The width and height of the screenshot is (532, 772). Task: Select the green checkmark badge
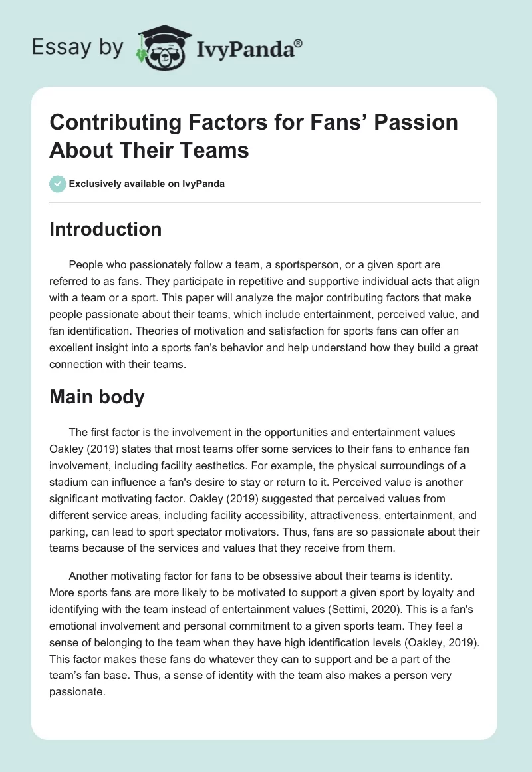pyautogui.click(x=57, y=184)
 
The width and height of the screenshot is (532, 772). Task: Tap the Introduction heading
pyautogui.click(x=105, y=229)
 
